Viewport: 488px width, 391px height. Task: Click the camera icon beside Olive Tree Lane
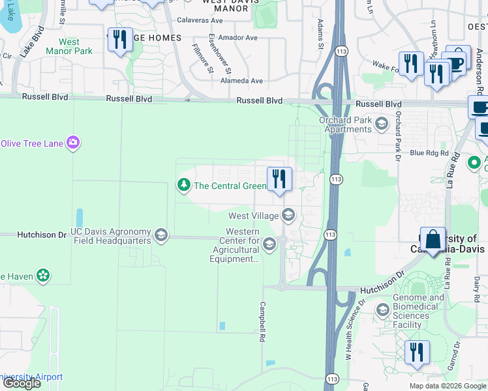(x=72, y=142)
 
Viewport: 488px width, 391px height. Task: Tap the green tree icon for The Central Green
(x=183, y=186)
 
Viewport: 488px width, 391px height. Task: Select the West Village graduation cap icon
(x=288, y=215)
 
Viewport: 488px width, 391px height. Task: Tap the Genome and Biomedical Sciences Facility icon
(x=382, y=309)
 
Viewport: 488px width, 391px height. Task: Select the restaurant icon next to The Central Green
(x=280, y=178)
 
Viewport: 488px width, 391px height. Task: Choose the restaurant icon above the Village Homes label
(x=119, y=40)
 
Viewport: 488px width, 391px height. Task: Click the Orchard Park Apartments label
(x=344, y=124)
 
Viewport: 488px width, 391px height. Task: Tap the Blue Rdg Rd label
(x=429, y=153)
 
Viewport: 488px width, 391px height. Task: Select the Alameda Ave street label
(x=241, y=81)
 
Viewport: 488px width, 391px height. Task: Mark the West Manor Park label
(x=69, y=46)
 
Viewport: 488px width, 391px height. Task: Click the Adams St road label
(x=320, y=34)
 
